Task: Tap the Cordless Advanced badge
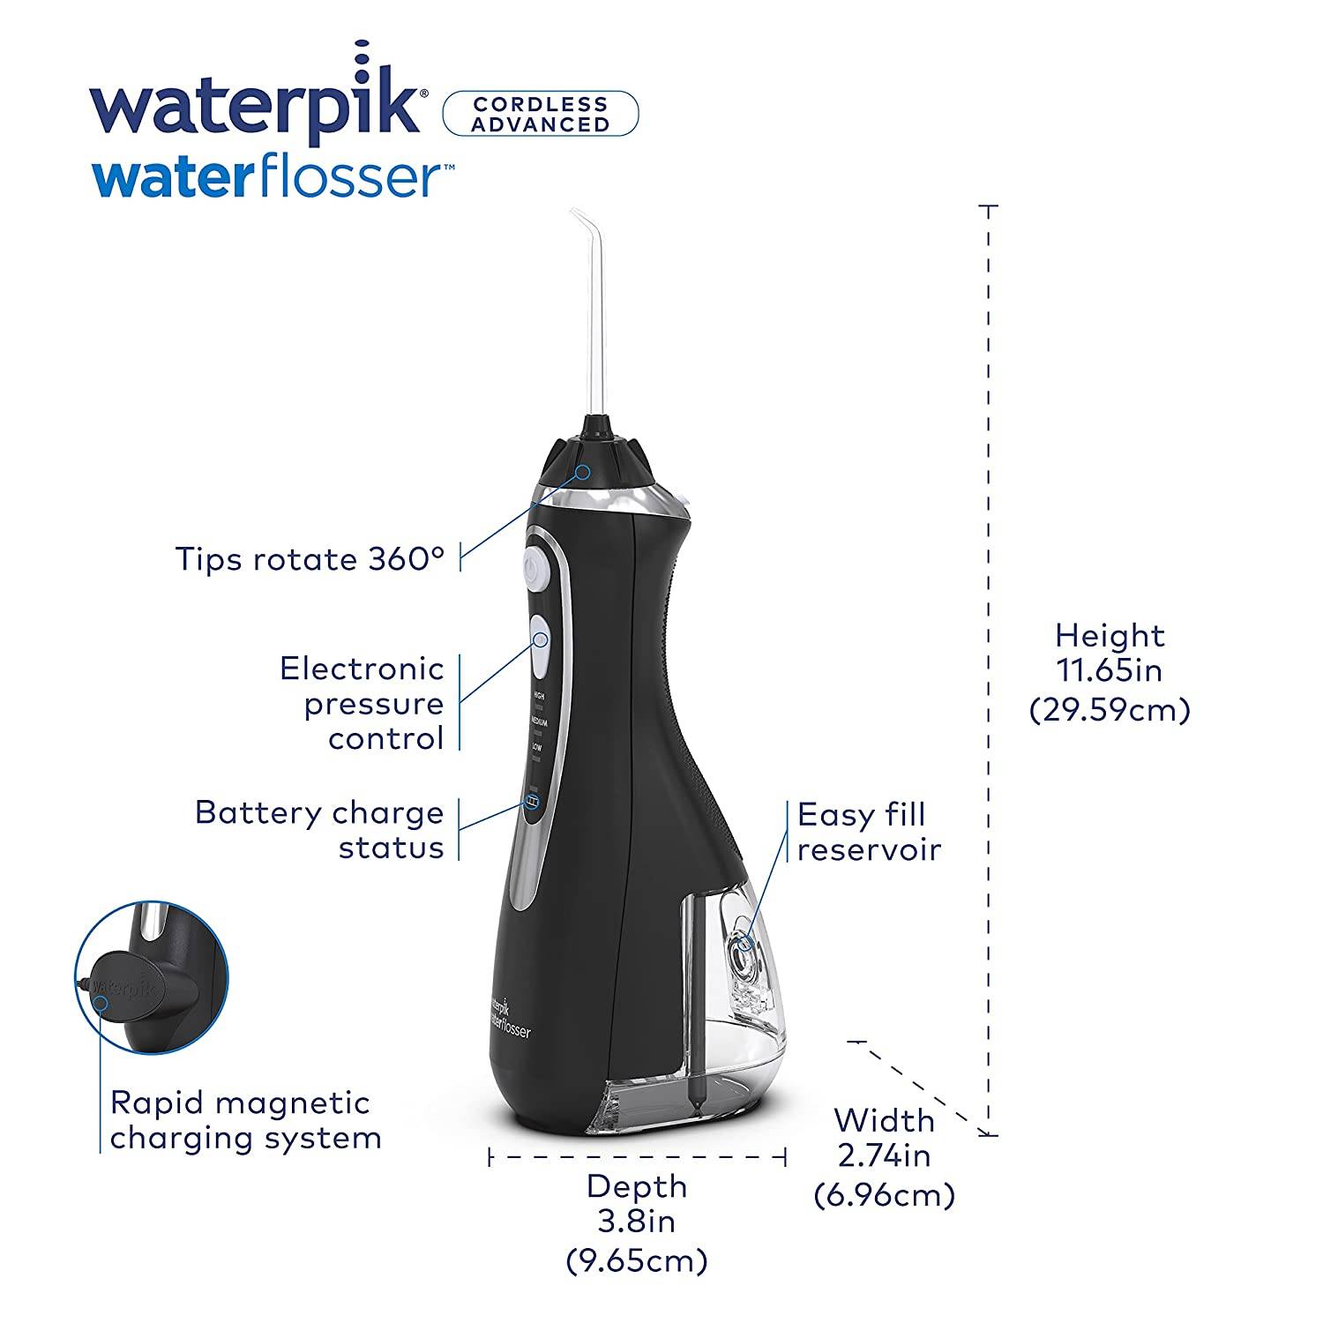[539, 114]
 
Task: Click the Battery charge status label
[319, 829]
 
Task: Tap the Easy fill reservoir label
[868, 832]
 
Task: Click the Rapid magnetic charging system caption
[245, 1120]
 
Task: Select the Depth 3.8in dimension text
[636, 1222]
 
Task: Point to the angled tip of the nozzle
[579, 217]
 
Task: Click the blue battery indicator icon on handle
[533, 802]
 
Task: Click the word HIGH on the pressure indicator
[537, 696]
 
